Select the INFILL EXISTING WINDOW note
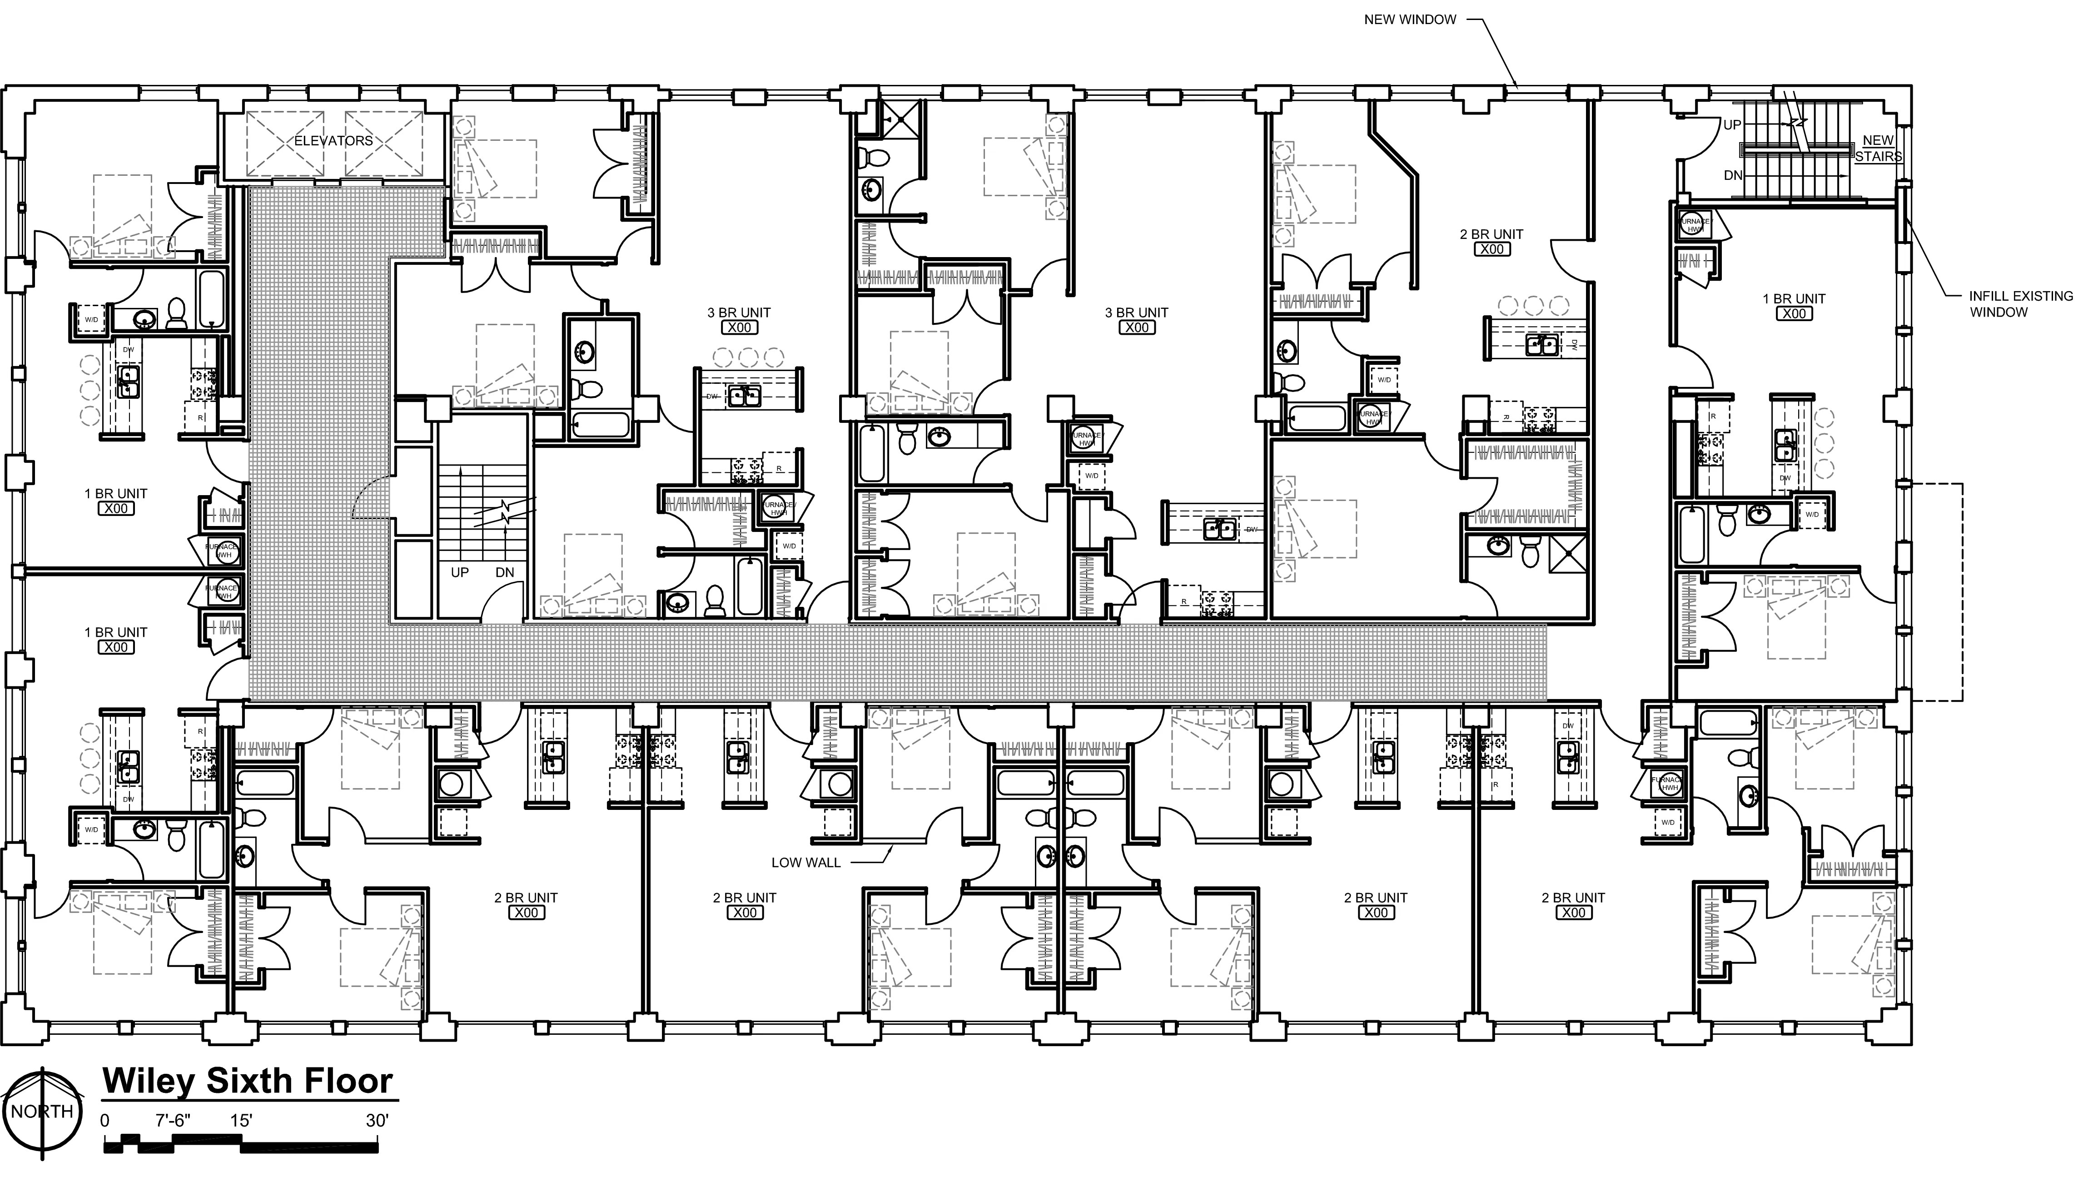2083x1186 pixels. (x=2020, y=304)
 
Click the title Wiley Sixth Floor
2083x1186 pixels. (x=248, y=1081)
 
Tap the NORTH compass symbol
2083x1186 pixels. (x=42, y=1112)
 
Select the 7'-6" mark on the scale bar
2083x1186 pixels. (x=173, y=1121)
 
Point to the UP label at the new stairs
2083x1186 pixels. (x=1732, y=124)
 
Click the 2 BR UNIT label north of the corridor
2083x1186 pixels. (x=1491, y=234)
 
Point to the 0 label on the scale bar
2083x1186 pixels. (x=104, y=1121)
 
